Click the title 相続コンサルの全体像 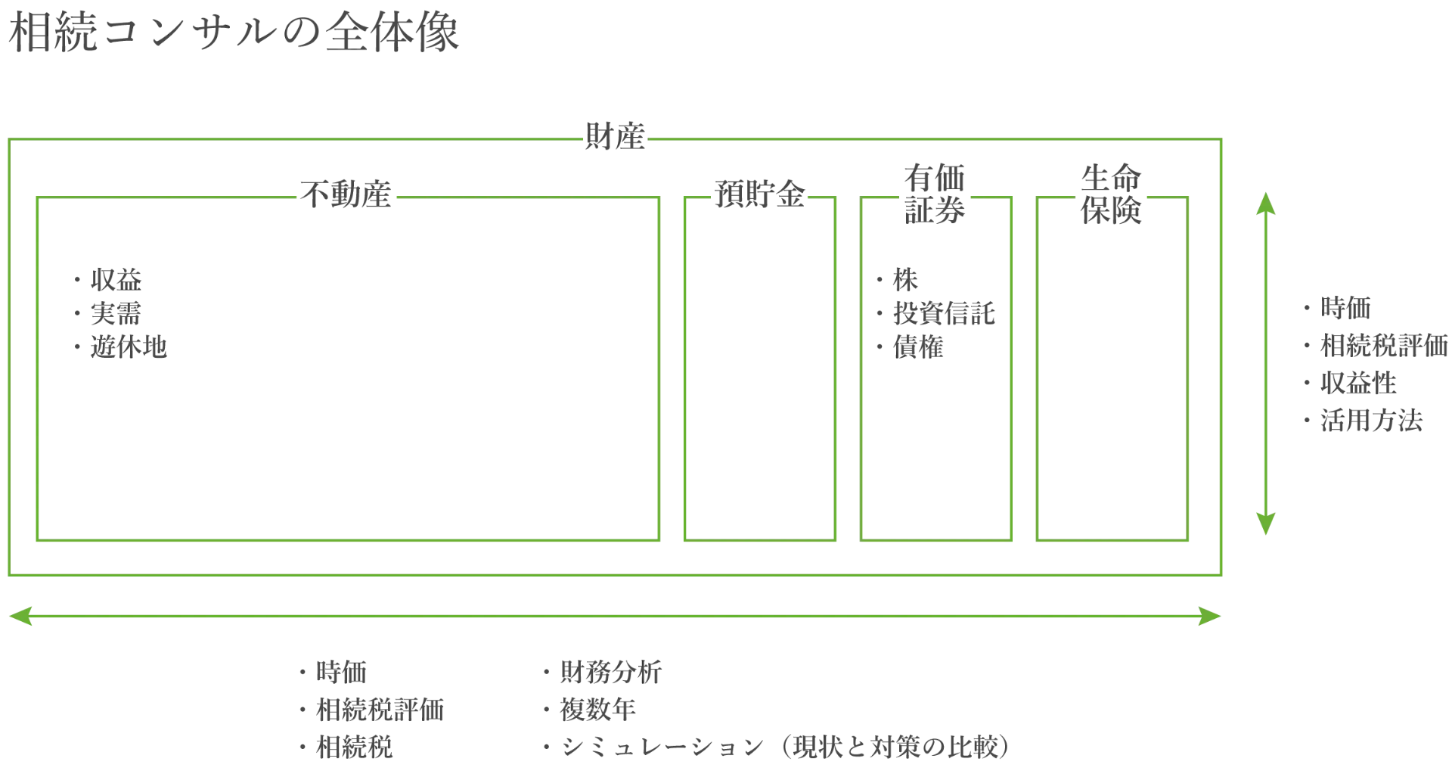pyautogui.click(x=234, y=33)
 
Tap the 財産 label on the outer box pyautogui.click(x=615, y=137)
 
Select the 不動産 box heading pyautogui.click(x=346, y=194)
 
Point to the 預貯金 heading pyautogui.click(x=759, y=194)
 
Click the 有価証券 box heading pyautogui.click(x=935, y=194)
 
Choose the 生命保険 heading pyautogui.click(x=1111, y=194)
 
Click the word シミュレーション pyautogui.click(x=662, y=747)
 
